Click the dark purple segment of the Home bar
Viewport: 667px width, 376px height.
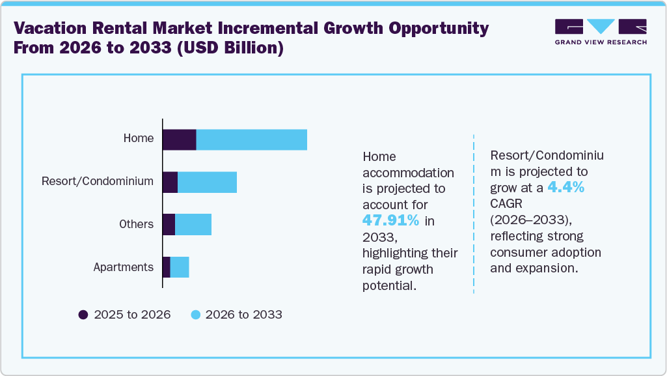point(180,139)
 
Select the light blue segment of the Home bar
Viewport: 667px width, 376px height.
point(251,139)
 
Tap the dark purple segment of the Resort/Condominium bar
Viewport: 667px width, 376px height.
point(170,182)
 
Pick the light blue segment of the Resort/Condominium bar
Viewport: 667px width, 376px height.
point(207,182)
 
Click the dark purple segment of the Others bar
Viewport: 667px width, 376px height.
point(169,225)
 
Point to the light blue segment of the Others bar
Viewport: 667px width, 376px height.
point(193,225)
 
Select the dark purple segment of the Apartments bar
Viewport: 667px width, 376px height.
point(166,267)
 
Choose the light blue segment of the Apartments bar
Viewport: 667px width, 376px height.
point(180,267)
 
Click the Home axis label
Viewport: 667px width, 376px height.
point(139,138)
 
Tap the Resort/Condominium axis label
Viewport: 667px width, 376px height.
point(98,181)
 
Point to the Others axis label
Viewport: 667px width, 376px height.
point(136,224)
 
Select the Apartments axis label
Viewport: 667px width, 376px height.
point(124,267)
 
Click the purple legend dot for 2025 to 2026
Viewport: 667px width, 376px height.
point(83,315)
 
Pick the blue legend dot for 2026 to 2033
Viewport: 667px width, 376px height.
point(195,315)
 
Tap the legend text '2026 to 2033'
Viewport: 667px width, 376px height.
point(243,315)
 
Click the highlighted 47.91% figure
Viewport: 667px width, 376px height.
point(391,220)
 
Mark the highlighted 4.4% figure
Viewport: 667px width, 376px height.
point(565,188)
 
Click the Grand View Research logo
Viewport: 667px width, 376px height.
point(601,32)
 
